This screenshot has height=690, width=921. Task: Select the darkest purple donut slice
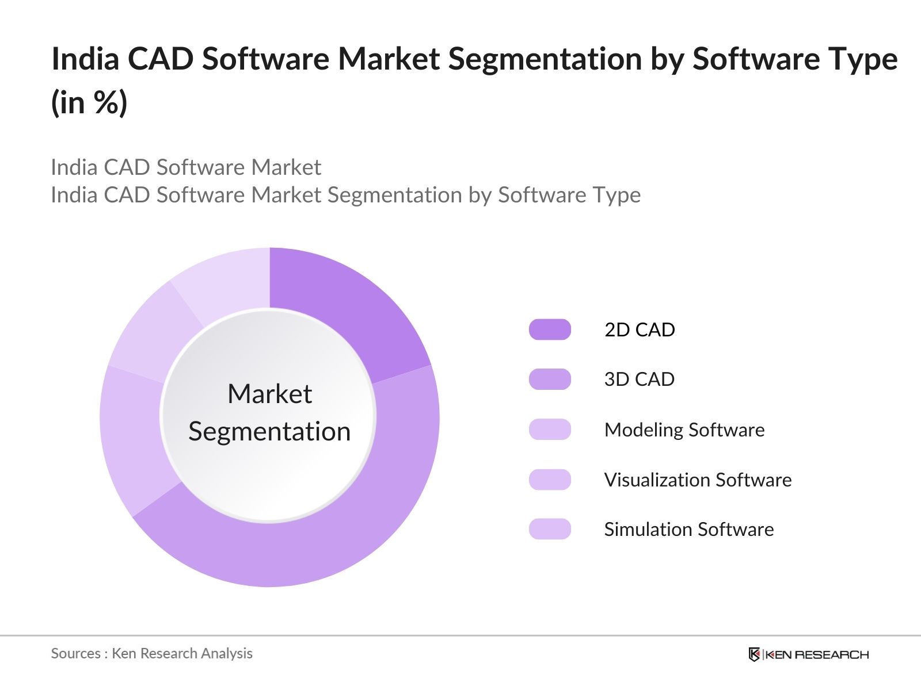pos(351,310)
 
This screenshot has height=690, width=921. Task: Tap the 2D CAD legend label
pos(639,330)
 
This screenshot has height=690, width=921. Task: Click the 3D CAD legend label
pos(639,379)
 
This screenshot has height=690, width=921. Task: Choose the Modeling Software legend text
pos(684,430)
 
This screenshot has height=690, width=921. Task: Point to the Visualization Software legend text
pos(698,480)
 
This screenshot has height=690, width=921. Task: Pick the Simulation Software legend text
pos(688,529)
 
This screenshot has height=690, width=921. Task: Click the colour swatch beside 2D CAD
pos(550,330)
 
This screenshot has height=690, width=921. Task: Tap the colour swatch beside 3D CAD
pos(550,379)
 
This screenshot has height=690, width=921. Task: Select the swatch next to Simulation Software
pos(550,529)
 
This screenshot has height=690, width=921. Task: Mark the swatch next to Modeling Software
pos(550,430)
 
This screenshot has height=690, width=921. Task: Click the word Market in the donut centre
pos(269,394)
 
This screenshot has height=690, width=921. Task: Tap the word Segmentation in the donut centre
pos(269,431)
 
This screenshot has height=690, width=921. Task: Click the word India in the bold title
pos(85,59)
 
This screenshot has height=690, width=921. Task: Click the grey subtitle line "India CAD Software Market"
pos(185,167)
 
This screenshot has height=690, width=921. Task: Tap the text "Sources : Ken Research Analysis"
pos(151,653)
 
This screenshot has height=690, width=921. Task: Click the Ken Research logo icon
pos(754,654)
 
